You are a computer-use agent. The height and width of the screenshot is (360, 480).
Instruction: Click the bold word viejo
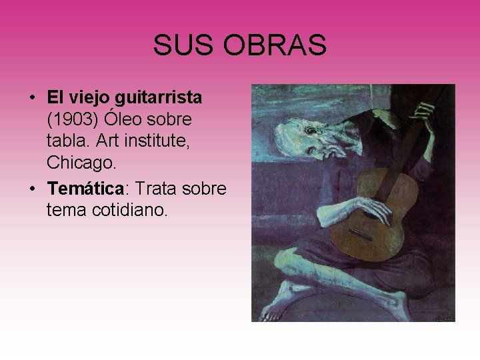[x=89, y=98]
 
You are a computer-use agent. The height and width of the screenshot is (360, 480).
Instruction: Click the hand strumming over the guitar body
[x=370, y=210]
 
